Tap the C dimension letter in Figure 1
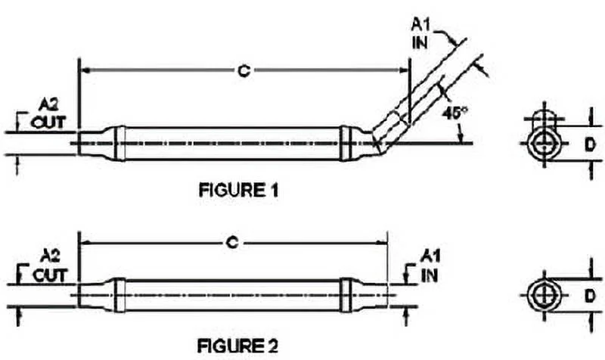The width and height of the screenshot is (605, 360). point(244,71)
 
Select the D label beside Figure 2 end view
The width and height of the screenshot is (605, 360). point(585,293)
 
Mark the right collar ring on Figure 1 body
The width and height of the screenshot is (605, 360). point(346,142)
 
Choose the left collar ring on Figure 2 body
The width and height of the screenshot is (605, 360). point(119,293)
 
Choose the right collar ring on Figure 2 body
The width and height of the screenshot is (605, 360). point(346,293)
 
